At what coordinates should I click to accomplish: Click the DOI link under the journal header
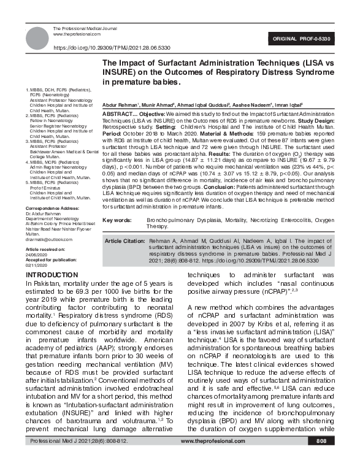pyautogui.click(x=112, y=47)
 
